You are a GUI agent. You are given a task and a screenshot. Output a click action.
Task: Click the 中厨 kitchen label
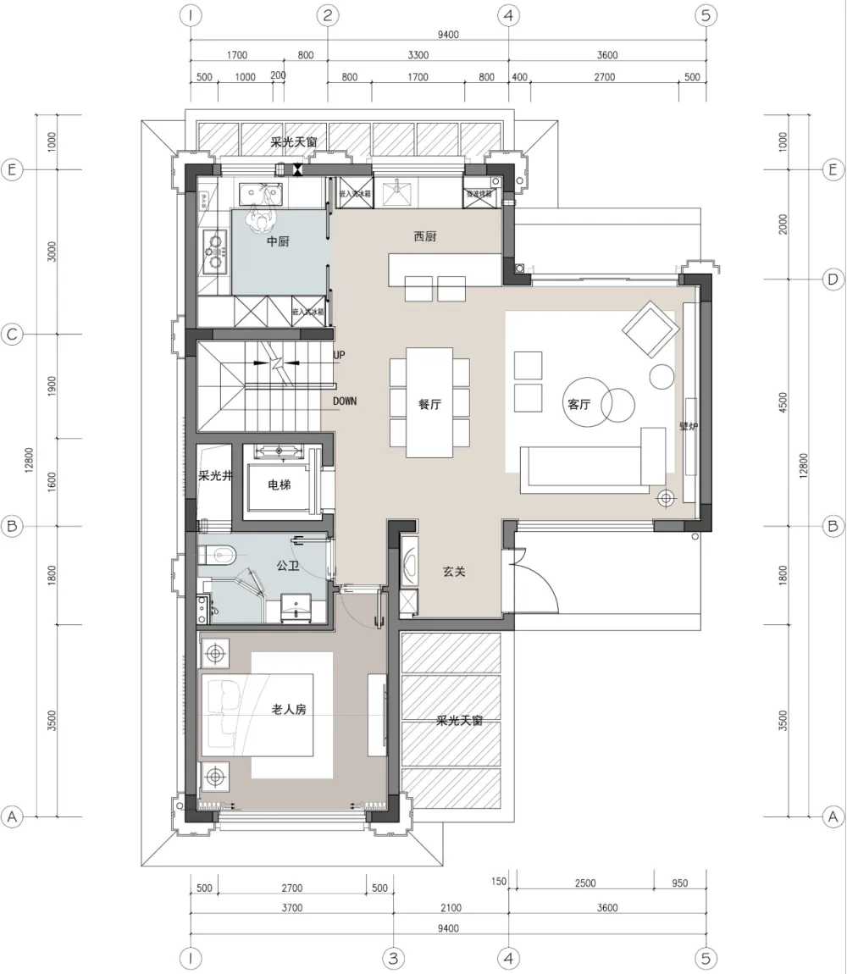tap(278, 241)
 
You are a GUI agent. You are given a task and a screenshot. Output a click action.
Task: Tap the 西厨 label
tap(425, 237)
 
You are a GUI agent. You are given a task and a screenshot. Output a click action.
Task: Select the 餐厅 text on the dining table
tap(429, 405)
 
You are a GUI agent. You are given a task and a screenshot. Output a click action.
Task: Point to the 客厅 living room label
tap(579, 405)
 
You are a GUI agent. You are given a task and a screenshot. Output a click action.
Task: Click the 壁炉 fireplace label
tap(689, 426)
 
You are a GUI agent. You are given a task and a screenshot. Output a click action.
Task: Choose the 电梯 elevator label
tap(280, 486)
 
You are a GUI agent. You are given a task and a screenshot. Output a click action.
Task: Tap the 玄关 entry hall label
tap(454, 572)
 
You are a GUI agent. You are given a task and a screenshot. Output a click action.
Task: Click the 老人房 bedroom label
tap(288, 710)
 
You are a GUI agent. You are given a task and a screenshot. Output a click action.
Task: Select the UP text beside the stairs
tap(340, 356)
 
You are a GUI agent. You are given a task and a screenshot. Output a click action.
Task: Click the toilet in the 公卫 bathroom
tap(219, 556)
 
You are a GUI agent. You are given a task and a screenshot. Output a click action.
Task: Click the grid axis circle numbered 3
tap(393, 958)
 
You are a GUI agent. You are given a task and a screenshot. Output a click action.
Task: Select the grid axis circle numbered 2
tap(328, 15)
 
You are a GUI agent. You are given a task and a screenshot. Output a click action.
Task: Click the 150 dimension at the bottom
tap(499, 882)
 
